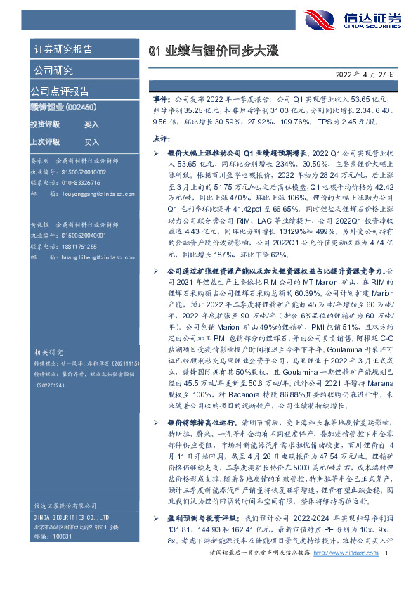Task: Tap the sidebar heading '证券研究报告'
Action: (x=63, y=49)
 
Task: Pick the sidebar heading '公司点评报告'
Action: (x=60, y=91)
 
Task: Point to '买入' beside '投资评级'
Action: (x=91, y=124)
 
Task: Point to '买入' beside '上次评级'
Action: (x=91, y=141)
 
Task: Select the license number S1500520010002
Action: (x=81, y=172)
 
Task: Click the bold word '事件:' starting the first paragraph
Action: (x=160, y=100)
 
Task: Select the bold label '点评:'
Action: (x=161, y=139)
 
